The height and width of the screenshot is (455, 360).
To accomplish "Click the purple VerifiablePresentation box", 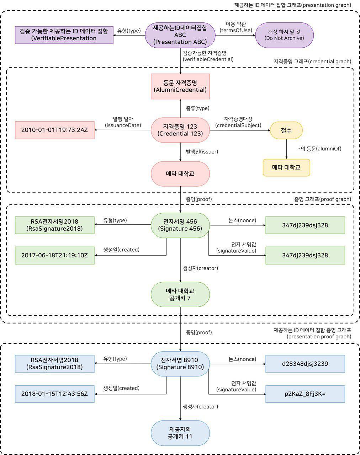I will (x=64, y=35).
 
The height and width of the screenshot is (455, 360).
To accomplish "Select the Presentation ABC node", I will (x=180, y=35).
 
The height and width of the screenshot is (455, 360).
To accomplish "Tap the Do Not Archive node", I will (x=284, y=35).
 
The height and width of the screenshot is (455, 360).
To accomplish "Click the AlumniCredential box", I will (x=180, y=86).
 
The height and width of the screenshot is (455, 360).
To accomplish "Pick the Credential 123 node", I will (x=180, y=130).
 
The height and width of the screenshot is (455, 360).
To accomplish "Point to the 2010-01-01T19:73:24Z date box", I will (x=54, y=130).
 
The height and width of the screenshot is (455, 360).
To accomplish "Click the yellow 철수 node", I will (x=286, y=130).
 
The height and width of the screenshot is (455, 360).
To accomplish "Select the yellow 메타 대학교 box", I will (x=286, y=167).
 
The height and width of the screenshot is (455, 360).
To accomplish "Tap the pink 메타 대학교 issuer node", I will (x=180, y=174).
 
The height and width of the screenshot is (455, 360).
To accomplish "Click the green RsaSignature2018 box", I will (x=54, y=225).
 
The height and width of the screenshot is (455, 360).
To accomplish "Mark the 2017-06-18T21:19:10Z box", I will (x=54, y=255).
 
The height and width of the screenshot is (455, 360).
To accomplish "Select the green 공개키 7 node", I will (x=180, y=294).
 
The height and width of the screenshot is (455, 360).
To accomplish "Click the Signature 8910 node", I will (x=180, y=363).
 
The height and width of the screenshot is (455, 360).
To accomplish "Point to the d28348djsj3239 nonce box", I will (x=305, y=364).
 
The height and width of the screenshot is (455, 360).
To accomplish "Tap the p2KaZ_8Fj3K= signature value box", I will (x=305, y=394).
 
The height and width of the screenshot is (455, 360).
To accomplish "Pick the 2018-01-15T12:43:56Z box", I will (x=54, y=394).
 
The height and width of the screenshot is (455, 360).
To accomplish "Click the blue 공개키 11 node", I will (x=180, y=433).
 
